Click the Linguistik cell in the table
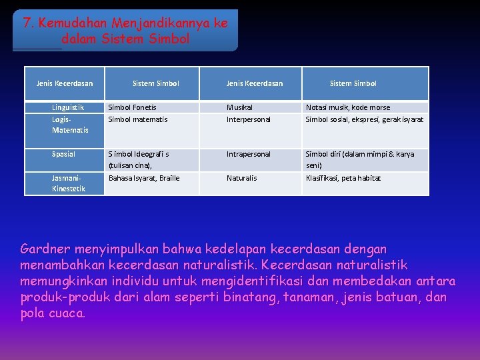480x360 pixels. pyautogui.click(x=68, y=107)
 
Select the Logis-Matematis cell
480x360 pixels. pyautogui.click(x=70, y=125)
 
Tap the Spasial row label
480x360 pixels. pyautogui.click(x=64, y=154)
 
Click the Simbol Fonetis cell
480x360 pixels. pyautogui.click(x=133, y=107)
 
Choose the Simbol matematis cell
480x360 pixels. pyautogui.click(x=138, y=119)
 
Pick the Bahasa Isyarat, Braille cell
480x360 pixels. pyautogui.click(x=144, y=178)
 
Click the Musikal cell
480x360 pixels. pyautogui.click(x=239, y=107)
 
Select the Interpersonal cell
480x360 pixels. pyautogui.click(x=249, y=119)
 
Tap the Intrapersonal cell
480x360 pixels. pyautogui.click(x=249, y=154)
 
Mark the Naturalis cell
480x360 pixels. pyautogui.click(x=241, y=178)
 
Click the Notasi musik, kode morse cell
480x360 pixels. pyautogui.click(x=348, y=107)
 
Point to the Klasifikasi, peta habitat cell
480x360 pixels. pyautogui.click(x=343, y=178)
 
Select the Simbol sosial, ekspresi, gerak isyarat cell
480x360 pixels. pyautogui.click(x=365, y=119)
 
